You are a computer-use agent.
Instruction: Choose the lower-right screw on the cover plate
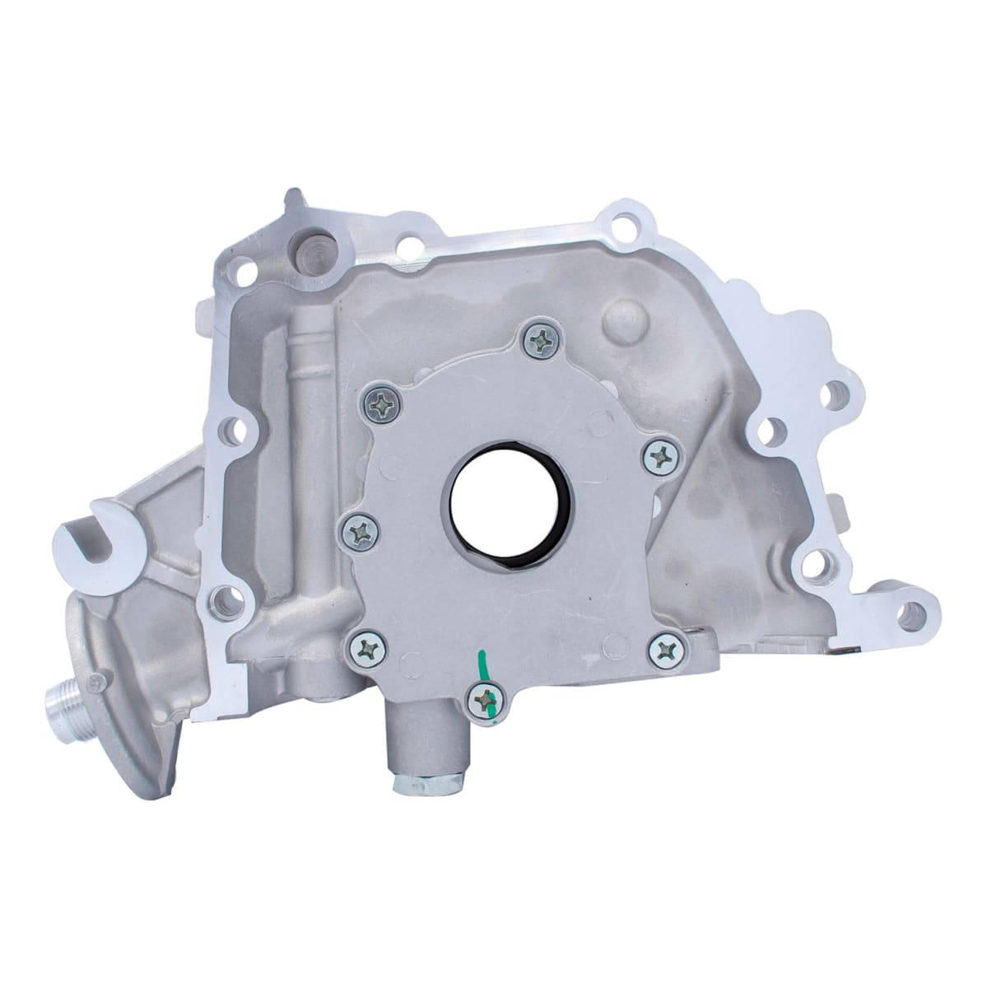click(662, 650)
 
